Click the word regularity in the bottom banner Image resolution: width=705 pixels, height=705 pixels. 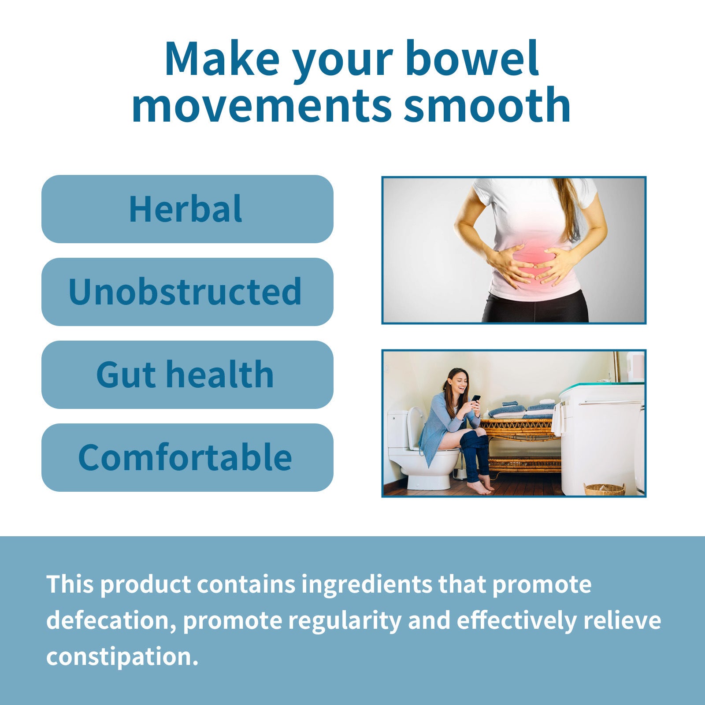click(x=345, y=620)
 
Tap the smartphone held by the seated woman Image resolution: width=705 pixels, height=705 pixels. click(x=476, y=398)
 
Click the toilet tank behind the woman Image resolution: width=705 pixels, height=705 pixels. click(x=397, y=430)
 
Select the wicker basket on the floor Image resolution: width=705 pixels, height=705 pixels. click(x=604, y=489)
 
